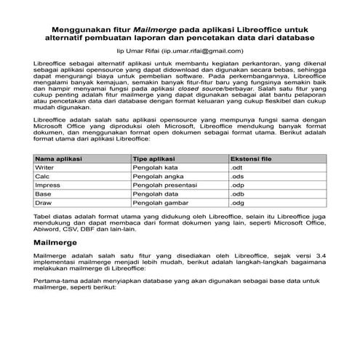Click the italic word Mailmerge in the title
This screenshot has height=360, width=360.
point(159,28)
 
